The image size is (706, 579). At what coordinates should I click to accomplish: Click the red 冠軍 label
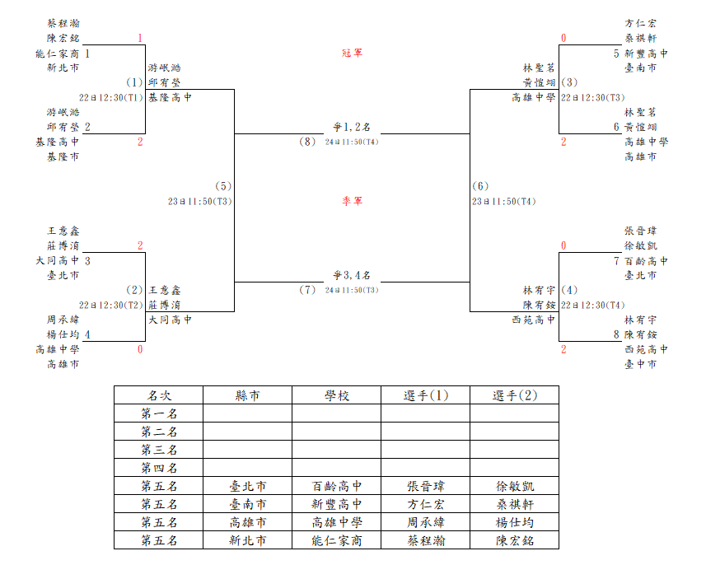(x=352, y=54)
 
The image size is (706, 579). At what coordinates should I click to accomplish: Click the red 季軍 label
(x=352, y=201)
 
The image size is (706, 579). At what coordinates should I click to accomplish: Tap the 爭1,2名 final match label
(x=352, y=127)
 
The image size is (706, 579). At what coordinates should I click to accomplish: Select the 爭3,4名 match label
(x=352, y=275)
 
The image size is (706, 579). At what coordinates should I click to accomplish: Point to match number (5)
(x=223, y=186)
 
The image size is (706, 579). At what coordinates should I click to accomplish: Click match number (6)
(x=480, y=186)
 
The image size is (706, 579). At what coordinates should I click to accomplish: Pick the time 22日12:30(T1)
(x=110, y=98)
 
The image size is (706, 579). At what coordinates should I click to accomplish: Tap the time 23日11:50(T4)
(x=504, y=202)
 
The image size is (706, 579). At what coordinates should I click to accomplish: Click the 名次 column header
(x=159, y=395)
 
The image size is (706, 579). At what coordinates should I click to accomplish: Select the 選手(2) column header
(x=515, y=395)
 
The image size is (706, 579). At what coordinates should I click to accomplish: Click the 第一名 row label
(x=159, y=413)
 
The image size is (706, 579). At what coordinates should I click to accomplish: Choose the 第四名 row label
(x=159, y=468)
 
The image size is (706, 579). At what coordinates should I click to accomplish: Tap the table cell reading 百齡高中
(x=337, y=486)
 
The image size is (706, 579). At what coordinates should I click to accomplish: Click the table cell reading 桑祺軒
(x=515, y=504)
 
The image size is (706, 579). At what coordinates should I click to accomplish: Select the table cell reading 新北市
(x=248, y=540)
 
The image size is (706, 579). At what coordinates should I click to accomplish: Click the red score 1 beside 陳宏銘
(x=140, y=38)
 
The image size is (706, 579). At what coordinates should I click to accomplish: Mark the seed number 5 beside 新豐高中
(x=616, y=54)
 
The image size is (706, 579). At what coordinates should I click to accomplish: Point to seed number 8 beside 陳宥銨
(x=616, y=334)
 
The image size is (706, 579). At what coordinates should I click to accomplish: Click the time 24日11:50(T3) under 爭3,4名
(x=352, y=290)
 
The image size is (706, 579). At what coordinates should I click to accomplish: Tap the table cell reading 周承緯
(x=426, y=522)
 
